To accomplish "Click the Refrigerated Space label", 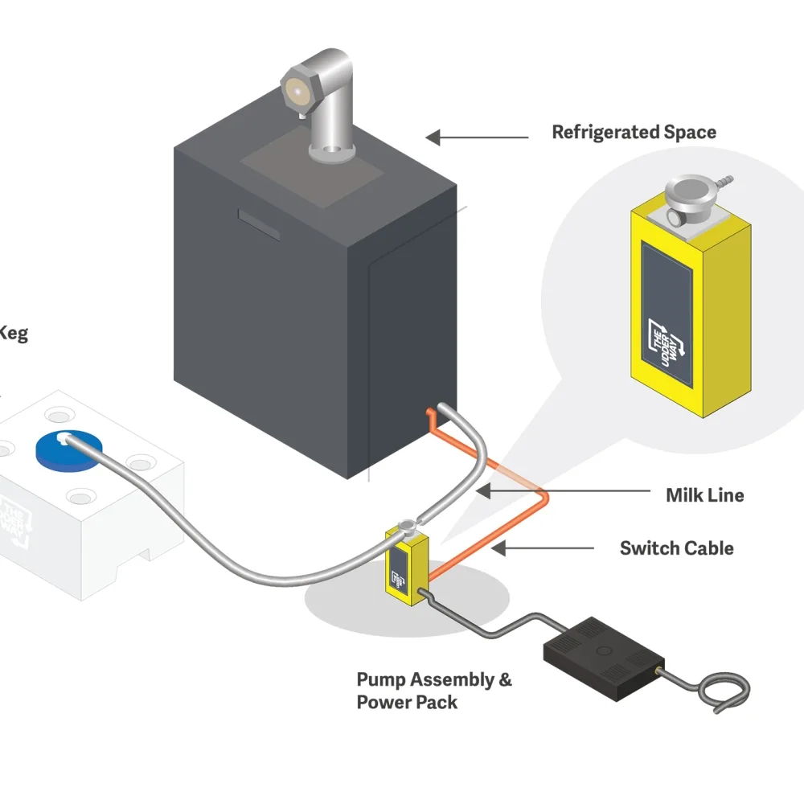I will pos(634,132).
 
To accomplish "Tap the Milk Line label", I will pos(704,494).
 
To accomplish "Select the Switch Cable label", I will pos(676,548).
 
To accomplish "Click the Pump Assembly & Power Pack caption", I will pos(434,691).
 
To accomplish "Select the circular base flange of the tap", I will pos(333,151).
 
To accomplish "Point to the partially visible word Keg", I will pos(13,332).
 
